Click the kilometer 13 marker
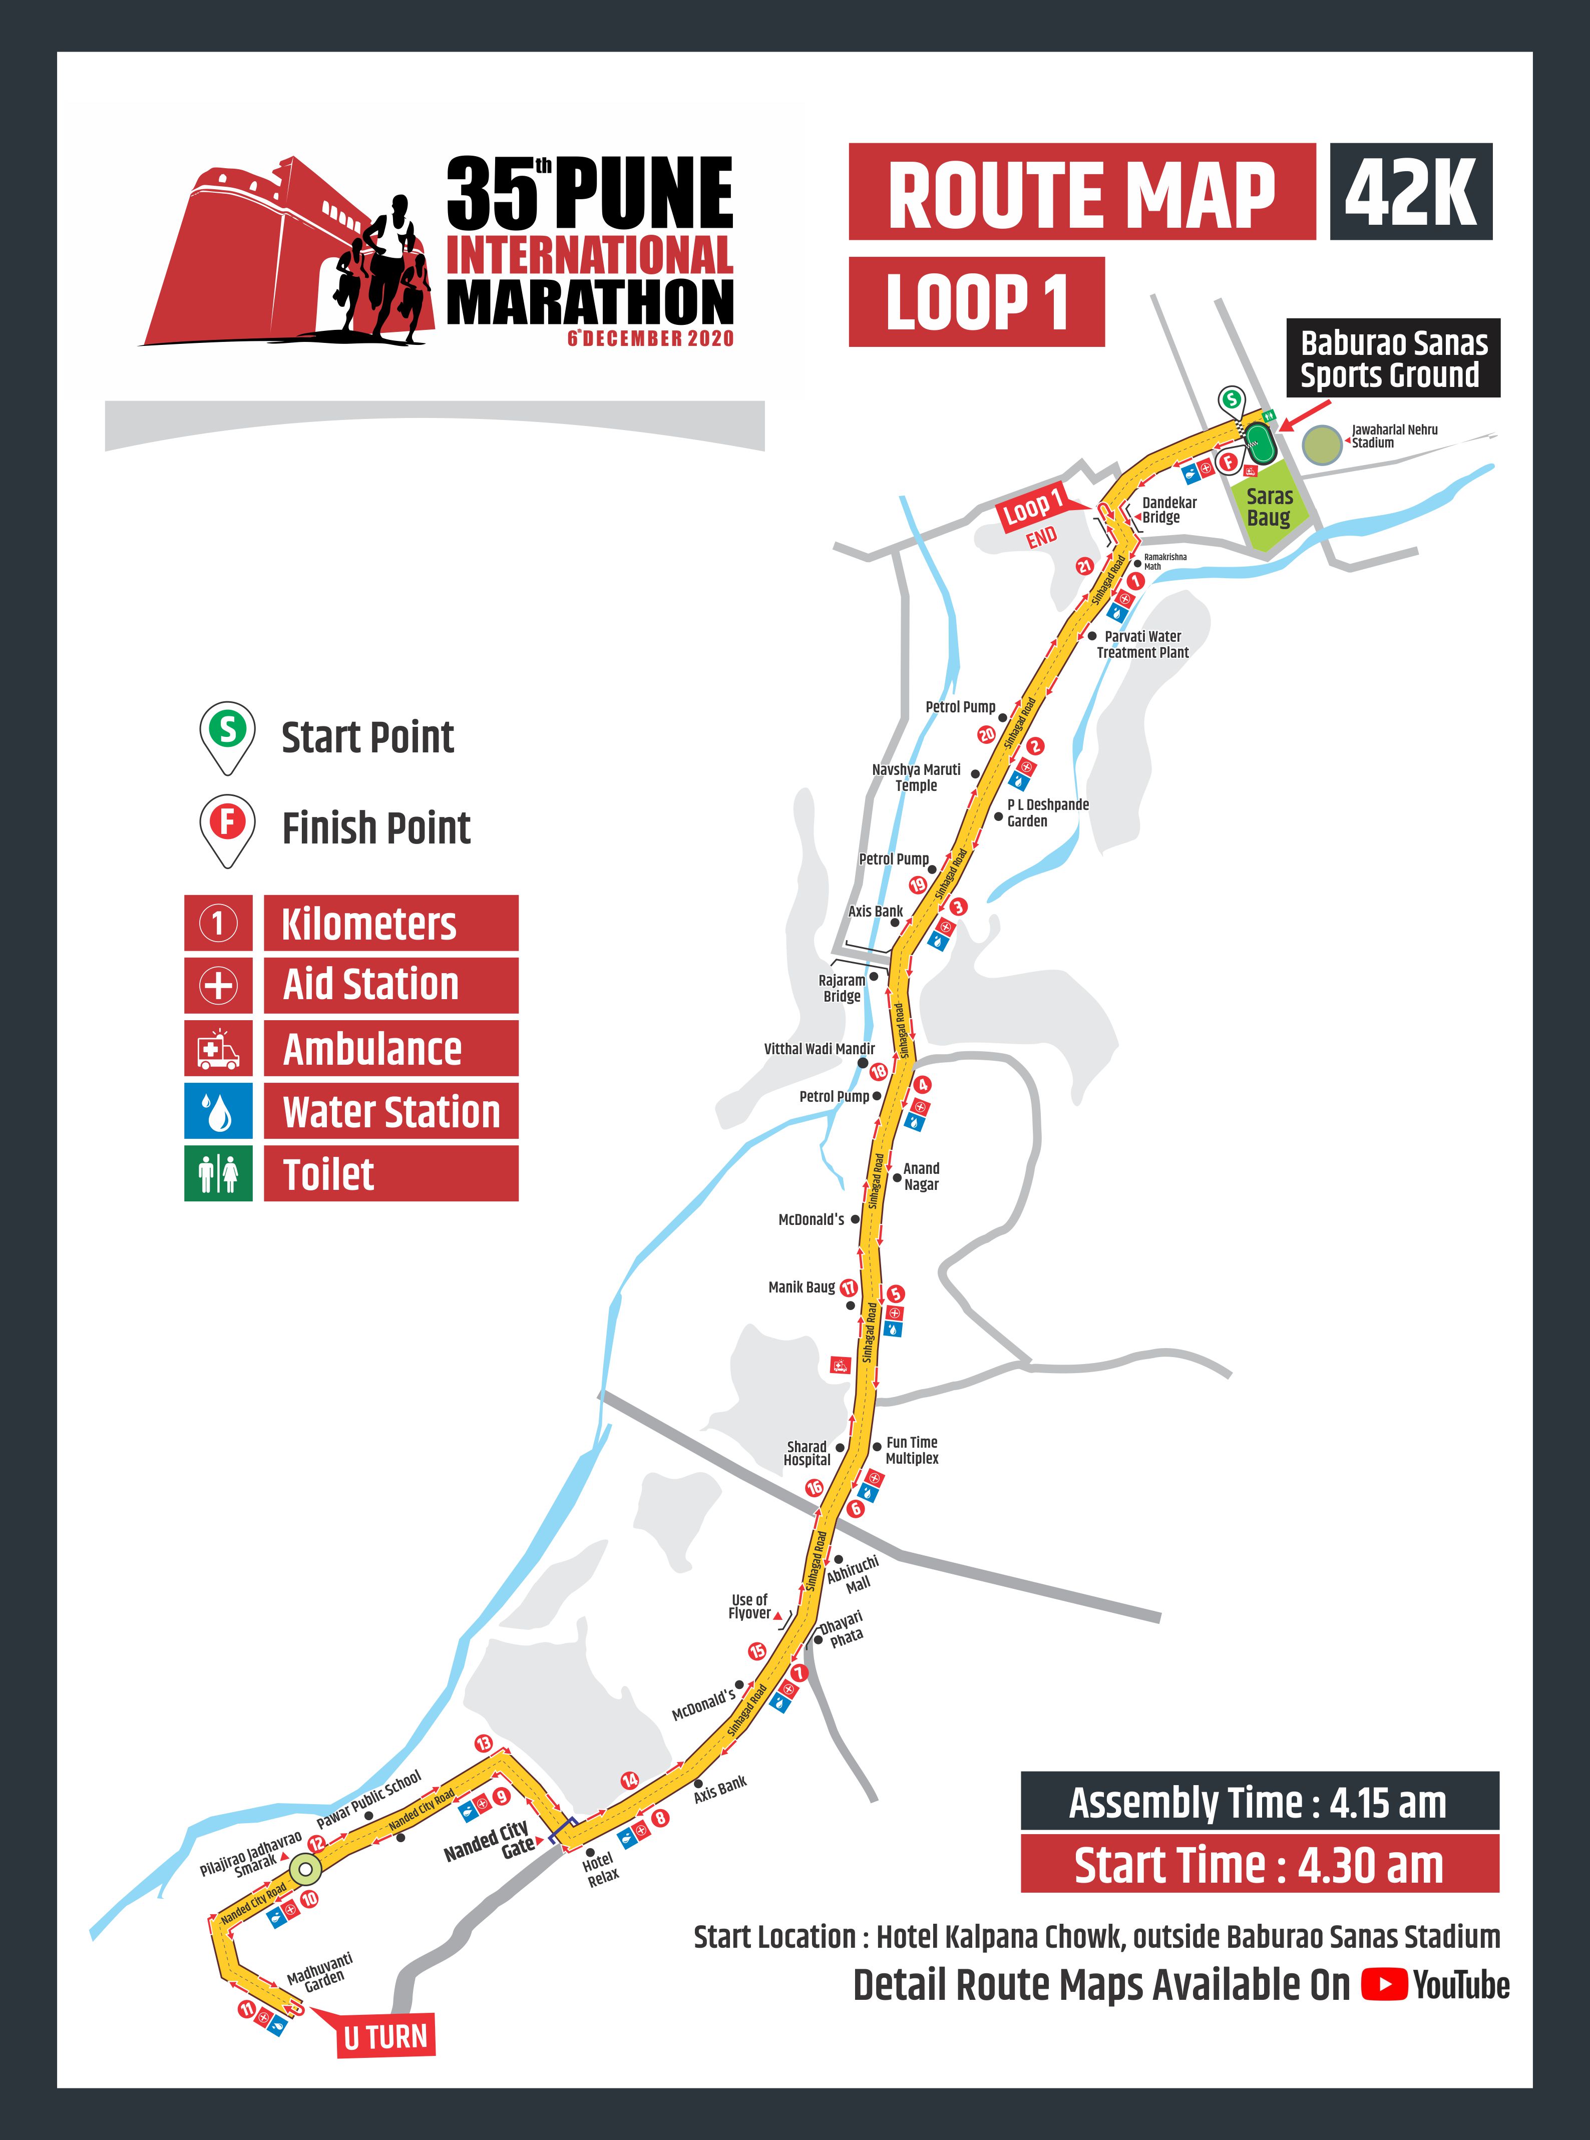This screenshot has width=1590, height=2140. click(483, 1744)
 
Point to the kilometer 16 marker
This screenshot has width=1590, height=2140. click(814, 1488)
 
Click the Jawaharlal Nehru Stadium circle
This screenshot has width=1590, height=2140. click(1322, 446)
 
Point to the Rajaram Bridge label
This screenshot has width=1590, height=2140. click(842, 988)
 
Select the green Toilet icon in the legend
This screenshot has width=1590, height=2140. click(218, 1173)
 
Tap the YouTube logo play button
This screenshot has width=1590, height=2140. click(1384, 1984)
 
